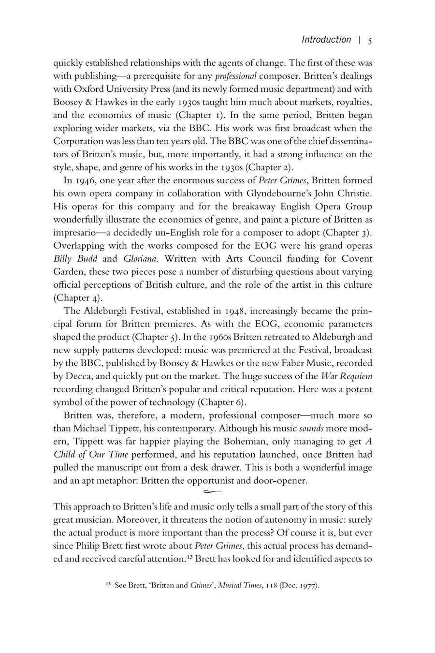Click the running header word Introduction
[x=326, y=40]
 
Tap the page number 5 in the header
[x=370, y=41]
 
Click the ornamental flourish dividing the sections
[x=213, y=492]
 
